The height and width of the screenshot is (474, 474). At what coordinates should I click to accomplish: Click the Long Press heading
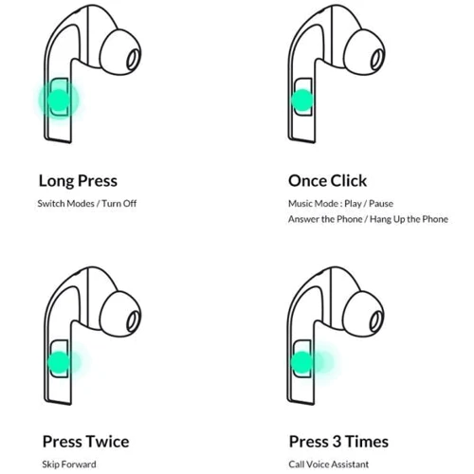click(x=78, y=181)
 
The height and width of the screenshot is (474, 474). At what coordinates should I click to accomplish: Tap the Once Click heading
click(x=327, y=181)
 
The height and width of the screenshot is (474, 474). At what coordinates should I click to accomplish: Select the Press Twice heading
click(x=86, y=442)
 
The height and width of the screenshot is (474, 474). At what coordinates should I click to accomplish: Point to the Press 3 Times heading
click(x=338, y=442)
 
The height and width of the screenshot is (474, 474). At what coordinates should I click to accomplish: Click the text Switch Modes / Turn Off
click(x=87, y=203)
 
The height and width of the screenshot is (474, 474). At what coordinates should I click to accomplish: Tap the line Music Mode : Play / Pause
click(x=340, y=204)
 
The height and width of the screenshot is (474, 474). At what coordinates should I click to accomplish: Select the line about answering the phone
click(x=368, y=219)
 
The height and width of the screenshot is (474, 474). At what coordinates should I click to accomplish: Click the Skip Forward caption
click(x=69, y=465)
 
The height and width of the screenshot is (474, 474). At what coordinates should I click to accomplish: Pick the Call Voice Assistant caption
click(x=329, y=465)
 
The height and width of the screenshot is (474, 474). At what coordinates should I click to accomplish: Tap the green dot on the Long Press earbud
click(x=59, y=100)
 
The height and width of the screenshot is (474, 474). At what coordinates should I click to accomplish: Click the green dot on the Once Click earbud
click(x=302, y=100)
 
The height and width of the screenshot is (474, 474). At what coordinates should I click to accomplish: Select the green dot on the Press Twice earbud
click(x=59, y=362)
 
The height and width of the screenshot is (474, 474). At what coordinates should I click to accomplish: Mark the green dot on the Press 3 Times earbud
click(x=301, y=362)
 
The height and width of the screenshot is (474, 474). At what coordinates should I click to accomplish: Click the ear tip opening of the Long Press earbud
click(x=133, y=60)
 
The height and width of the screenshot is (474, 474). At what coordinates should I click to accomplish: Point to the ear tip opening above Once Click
click(x=376, y=60)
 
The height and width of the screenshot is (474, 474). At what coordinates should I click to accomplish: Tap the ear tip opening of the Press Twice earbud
click(x=133, y=321)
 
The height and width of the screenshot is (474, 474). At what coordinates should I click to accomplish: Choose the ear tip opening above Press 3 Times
click(x=376, y=321)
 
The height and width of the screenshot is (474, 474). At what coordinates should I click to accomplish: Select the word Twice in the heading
click(x=108, y=442)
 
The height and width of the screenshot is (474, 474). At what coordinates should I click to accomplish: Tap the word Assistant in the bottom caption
click(x=351, y=465)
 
